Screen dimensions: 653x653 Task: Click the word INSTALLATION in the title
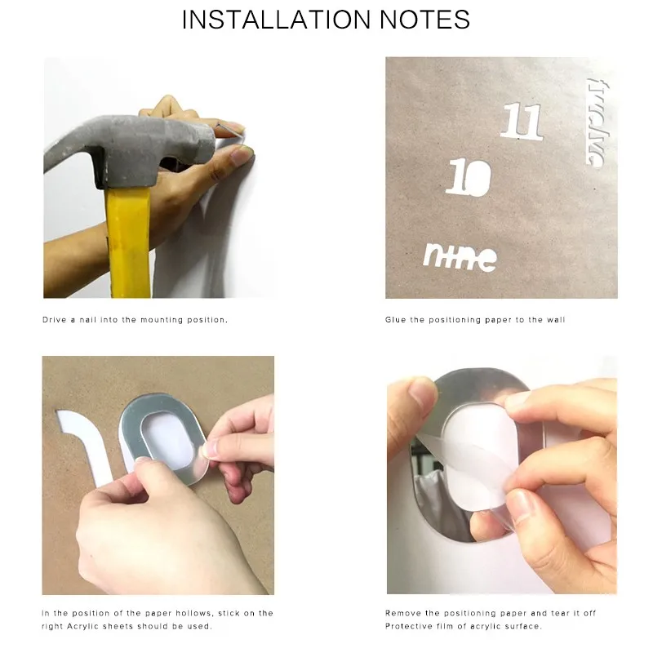pos(276,19)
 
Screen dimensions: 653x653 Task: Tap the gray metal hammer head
pos(129,150)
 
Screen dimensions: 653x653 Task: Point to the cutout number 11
pos(522,121)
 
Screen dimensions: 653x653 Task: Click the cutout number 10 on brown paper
pos(469,177)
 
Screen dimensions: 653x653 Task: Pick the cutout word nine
pos(460,257)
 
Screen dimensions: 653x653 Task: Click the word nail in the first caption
pos(88,320)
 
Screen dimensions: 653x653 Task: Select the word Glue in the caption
pos(395,320)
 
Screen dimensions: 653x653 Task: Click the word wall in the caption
pos(556,320)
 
